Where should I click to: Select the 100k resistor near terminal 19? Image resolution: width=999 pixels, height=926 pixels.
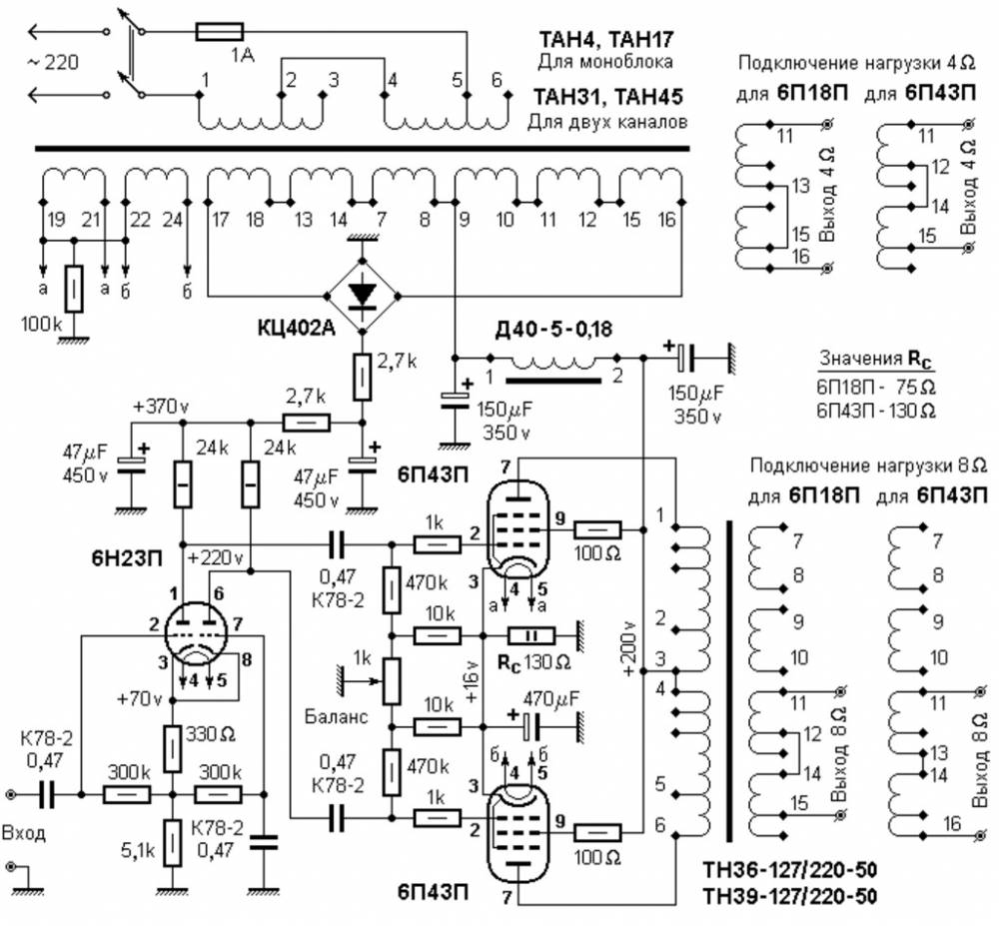[73, 290]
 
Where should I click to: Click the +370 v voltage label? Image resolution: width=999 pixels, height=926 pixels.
[160, 407]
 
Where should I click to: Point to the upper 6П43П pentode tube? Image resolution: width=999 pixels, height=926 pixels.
[515, 524]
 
